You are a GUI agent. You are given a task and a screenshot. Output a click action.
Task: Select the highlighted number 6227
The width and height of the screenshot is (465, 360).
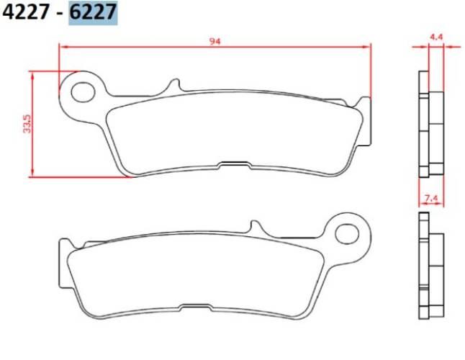pos(93,14)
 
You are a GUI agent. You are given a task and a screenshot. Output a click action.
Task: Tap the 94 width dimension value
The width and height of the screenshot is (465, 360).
pos(215,41)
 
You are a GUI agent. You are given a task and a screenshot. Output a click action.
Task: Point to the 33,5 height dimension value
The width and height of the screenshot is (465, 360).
pos(27,124)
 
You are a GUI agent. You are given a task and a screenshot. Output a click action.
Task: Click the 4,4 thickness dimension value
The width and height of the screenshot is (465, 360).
pos(436,36)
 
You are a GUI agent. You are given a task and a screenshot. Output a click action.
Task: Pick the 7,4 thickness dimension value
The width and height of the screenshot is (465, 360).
pos(432,197)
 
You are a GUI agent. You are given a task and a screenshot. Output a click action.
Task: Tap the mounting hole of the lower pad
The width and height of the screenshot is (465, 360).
pos(348,233)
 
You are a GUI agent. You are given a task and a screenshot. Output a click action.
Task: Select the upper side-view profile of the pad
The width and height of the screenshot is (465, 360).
pos(429,124)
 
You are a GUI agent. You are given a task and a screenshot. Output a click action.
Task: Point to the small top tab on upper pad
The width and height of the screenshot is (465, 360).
pos(173,85)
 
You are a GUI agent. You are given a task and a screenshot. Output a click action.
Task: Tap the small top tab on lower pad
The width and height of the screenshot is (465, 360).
pos(252,227)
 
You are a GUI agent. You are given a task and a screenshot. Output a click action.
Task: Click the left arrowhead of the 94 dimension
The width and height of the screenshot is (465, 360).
pos(63,47)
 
